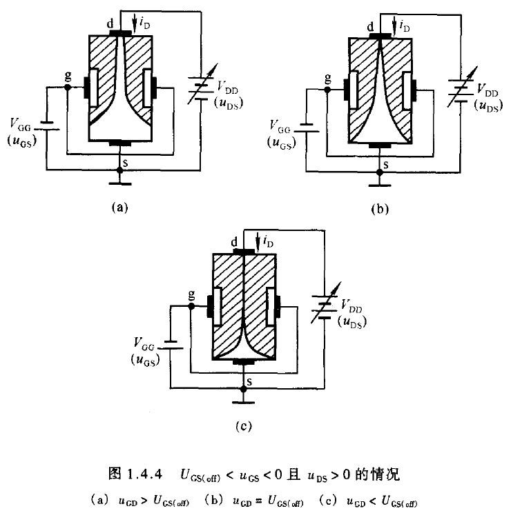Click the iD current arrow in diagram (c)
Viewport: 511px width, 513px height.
pos(257,242)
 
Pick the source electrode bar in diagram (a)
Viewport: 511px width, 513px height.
pos(122,143)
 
